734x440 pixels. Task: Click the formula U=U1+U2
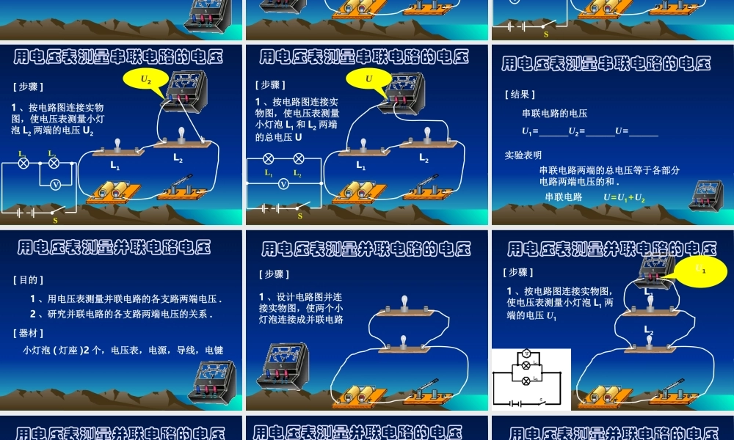(624, 197)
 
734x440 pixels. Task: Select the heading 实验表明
(523, 155)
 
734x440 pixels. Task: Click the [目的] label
(29, 279)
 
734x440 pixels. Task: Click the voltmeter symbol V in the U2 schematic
(55, 185)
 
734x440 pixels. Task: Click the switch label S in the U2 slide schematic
(55, 219)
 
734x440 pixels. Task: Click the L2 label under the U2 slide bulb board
(178, 158)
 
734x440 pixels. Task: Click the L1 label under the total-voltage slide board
(360, 166)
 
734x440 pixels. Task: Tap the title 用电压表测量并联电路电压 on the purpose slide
(114, 247)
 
